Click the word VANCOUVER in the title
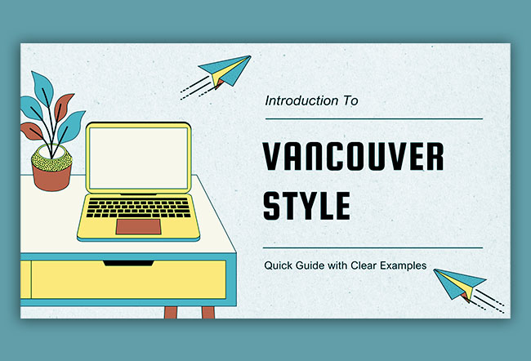[353, 155]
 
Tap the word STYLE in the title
[306, 205]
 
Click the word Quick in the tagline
[278, 265]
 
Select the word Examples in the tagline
[406, 265]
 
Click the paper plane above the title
[224, 72]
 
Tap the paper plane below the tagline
[456, 284]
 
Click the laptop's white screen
[137, 158]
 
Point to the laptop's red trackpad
[136, 226]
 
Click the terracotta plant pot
[52, 173]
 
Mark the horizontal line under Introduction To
[373, 118]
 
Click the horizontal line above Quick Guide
[373, 247]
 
